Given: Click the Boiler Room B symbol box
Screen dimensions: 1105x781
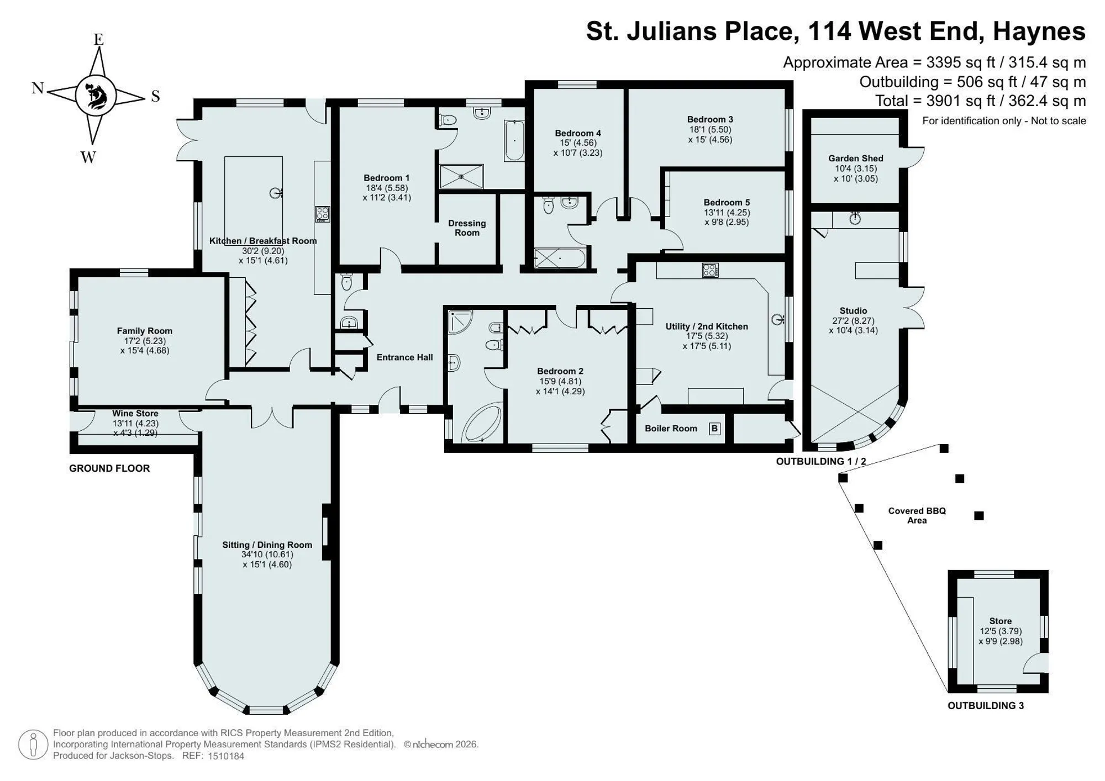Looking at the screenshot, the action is point(714,429).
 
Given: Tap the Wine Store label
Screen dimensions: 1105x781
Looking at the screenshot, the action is point(135,414).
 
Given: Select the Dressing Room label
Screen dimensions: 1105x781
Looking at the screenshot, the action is point(467,228).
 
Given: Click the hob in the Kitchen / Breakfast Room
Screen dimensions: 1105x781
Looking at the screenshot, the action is point(323,214).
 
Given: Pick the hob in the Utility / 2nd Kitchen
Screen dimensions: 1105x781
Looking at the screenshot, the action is point(710,270).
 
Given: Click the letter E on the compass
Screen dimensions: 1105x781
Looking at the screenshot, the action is point(98,39).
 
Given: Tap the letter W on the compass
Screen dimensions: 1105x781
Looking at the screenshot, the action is point(88,157).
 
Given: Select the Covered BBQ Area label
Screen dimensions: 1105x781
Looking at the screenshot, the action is point(917,515).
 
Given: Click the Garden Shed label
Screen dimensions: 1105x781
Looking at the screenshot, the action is point(856,159).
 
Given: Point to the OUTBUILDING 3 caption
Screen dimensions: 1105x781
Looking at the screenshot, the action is point(986,705).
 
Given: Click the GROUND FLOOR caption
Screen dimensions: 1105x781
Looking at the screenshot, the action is point(109,468).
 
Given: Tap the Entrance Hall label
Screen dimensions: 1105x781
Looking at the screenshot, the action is point(405,357).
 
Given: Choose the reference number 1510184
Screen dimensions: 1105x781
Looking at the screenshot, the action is point(226,756).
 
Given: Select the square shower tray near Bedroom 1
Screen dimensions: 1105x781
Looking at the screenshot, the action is point(461,176).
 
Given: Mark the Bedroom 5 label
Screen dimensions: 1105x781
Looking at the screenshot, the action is point(727,203).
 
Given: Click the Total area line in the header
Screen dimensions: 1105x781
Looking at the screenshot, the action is point(980,101).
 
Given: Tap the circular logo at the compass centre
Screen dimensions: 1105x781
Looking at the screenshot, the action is point(96,95).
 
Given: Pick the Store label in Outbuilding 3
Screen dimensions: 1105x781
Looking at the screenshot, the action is point(1001,621).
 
